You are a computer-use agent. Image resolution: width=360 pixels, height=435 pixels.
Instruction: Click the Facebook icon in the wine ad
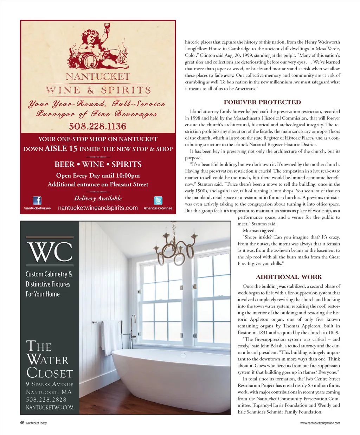click(37, 200)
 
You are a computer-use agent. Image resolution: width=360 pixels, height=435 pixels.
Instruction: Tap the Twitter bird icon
click(158, 200)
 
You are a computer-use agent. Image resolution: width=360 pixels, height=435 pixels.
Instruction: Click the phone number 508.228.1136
click(97, 126)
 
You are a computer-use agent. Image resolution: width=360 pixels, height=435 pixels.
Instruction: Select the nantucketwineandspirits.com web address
click(98, 208)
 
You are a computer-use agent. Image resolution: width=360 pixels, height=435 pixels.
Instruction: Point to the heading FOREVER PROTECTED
click(262, 102)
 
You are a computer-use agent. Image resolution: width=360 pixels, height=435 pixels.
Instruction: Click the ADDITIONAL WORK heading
click(289, 277)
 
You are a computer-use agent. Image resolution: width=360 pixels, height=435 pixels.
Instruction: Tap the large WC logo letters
click(50, 252)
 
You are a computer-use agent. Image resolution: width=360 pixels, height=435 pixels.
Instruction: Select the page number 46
click(22, 423)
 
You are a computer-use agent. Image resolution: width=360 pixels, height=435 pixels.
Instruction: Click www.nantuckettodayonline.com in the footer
click(320, 423)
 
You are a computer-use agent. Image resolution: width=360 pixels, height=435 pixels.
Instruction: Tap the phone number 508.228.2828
click(46, 400)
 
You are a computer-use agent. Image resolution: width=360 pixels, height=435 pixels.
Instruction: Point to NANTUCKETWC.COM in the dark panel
click(50, 408)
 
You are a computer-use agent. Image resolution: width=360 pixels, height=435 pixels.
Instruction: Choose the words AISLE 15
click(61, 149)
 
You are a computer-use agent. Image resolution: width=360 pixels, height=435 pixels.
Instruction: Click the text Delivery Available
click(98, 198)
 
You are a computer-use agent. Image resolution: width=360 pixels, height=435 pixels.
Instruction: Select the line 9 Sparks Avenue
click(50, 384)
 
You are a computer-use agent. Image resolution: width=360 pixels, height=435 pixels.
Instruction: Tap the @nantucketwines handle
click(158, 208)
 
